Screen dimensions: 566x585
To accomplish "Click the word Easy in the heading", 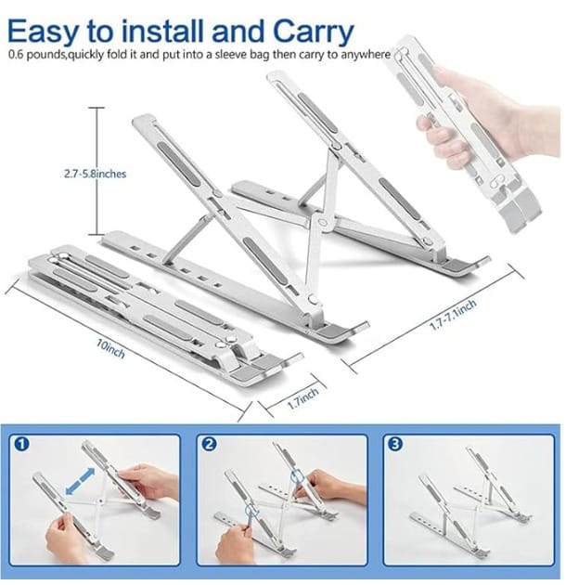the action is pos(42,32).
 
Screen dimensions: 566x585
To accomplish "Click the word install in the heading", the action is pos(163,31).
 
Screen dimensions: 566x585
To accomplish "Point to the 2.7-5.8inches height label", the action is pos(95,174).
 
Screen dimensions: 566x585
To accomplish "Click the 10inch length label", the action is pos(110,348).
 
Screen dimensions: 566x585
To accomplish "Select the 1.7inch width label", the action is pos(303,397).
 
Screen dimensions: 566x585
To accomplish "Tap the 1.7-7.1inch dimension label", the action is pos(453,315).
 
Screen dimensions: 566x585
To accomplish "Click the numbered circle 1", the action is pos(21,445).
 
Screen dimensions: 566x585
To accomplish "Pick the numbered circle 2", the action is pos(209,445).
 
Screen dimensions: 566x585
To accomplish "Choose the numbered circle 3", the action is pos(395,445).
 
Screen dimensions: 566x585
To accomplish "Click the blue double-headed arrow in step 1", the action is pos(80,482).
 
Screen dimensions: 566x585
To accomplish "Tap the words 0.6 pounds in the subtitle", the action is pos(36,55).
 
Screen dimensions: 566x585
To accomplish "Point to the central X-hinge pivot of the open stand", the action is pos(323,223).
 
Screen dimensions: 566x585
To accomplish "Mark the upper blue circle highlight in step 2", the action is pos(298,476).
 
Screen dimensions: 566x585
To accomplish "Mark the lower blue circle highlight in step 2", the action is pos(251,510).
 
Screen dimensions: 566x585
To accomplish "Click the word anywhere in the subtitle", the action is pos(365,55).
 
